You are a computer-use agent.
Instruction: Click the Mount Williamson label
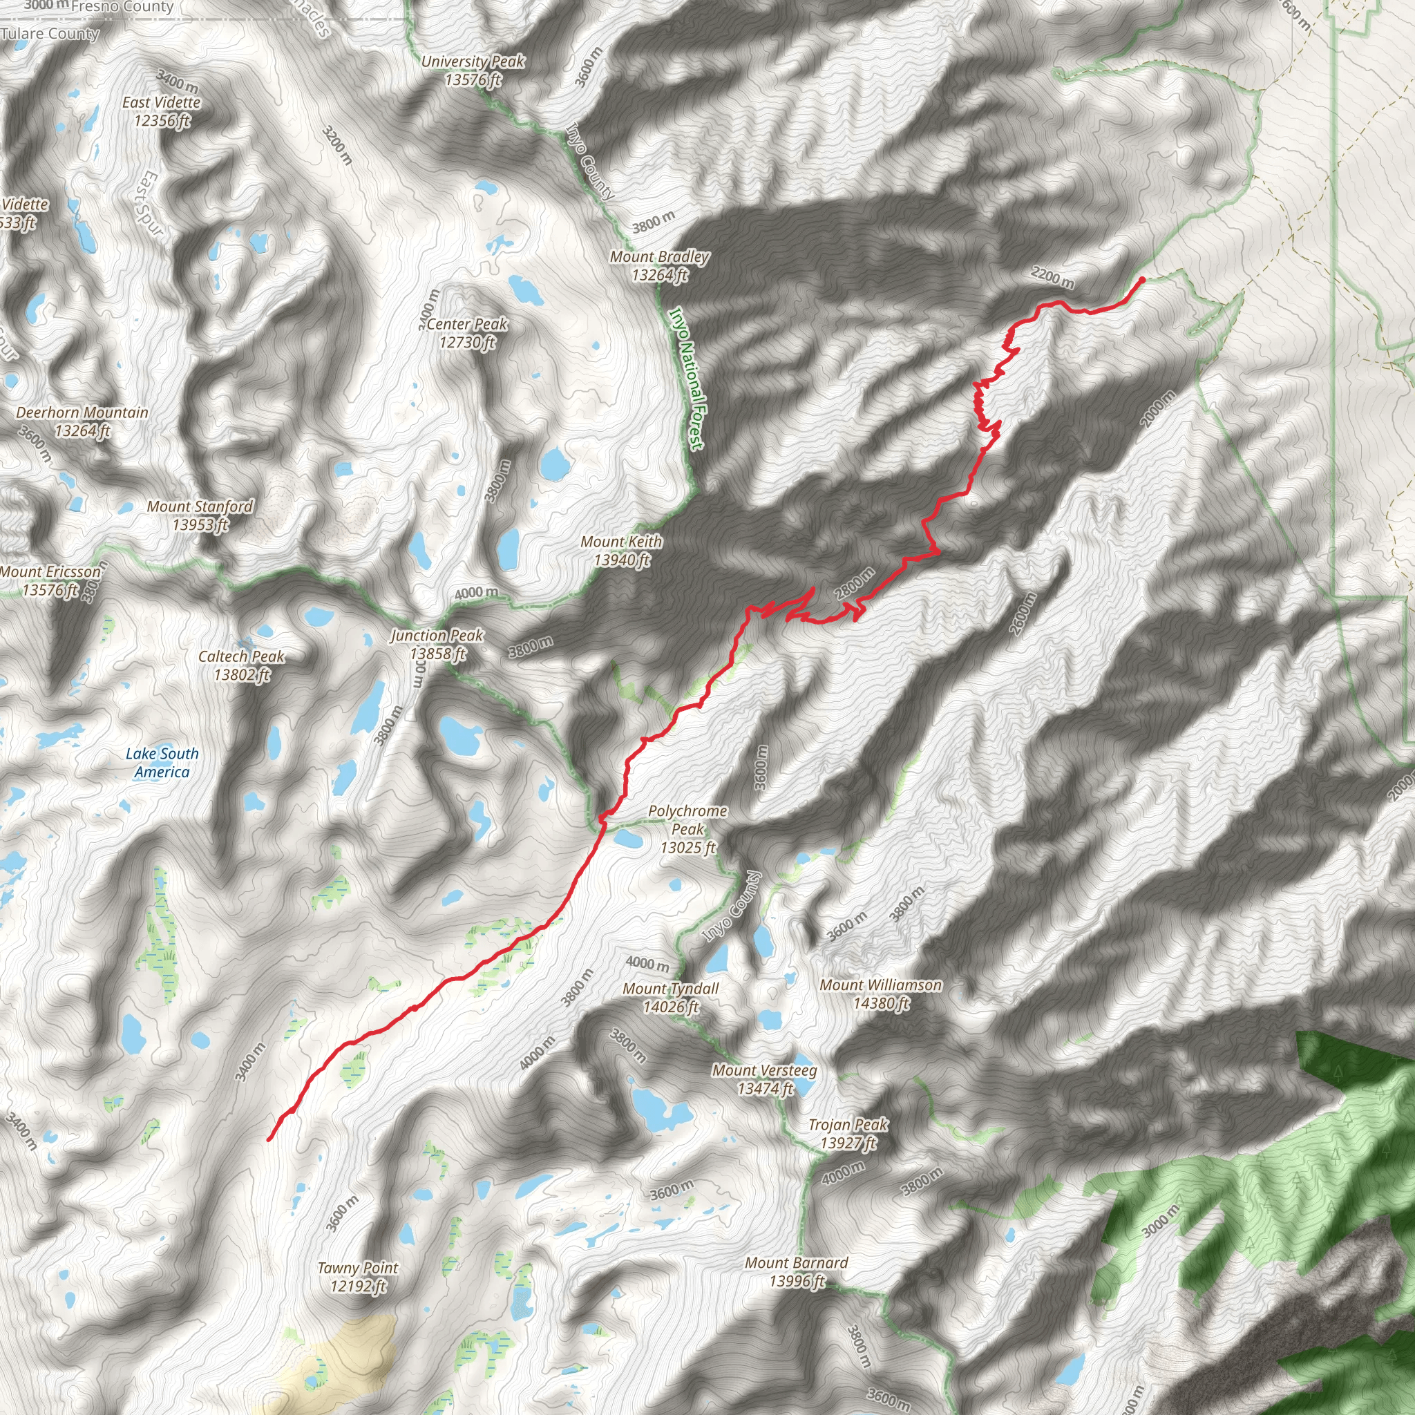click(x=880, y=994)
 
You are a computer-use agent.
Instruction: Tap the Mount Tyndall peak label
click(x=670, y=998)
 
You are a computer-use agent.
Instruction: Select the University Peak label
click(x=473, y=70)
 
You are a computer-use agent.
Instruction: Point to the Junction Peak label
click(x=437, y=645)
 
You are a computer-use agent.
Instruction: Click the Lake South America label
click(x=162, y=763)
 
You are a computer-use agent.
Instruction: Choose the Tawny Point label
click(x=357, y=1277)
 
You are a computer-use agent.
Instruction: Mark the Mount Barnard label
click(x=796, y=1271)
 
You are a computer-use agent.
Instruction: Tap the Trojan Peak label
click(x=848, y=1133)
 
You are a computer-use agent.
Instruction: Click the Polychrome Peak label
click(x=687, y=829)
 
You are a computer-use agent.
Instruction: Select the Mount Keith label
click(x=621, y=551)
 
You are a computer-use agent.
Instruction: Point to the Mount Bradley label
click(x=659, y=265)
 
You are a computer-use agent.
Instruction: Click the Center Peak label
click(x=466, y=332)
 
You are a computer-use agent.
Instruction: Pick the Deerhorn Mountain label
click(x=82, y=421)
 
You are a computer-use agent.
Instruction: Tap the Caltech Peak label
click(x=242, y=665)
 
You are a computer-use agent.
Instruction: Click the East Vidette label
click(x=161, y=111)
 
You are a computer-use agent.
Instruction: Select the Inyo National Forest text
click(x=687, y=378)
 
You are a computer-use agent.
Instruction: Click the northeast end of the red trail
click(x=1142, y=279)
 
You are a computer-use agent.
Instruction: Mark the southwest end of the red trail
click(x=269, y=1139)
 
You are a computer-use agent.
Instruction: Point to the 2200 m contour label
click(x=1052, y=278)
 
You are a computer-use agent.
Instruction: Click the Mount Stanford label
click(x=200, y=515)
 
